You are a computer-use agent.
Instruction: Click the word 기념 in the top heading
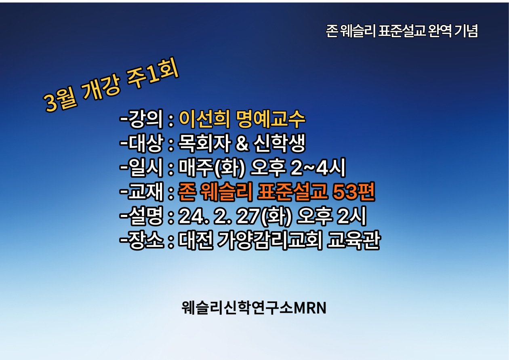tap(466, 31)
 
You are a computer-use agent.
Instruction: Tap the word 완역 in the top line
tap(440, 31)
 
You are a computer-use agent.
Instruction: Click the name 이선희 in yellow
tap(204, 119)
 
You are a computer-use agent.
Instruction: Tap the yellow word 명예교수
tap(271, 119)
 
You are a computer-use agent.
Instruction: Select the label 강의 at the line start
tap(146, 119)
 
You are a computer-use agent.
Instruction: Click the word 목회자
tap(204, 143)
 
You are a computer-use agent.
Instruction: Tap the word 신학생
tap(280, 143)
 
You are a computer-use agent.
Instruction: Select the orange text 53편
tap(353, 192)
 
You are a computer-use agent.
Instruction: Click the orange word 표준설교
tap(292, 192)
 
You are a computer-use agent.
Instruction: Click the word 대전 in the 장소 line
tap(196, 240)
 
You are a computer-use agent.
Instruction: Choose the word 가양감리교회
tap(270, 240)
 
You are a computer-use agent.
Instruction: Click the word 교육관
tap(353, 240)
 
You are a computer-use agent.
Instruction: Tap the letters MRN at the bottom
tap(310, 308)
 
